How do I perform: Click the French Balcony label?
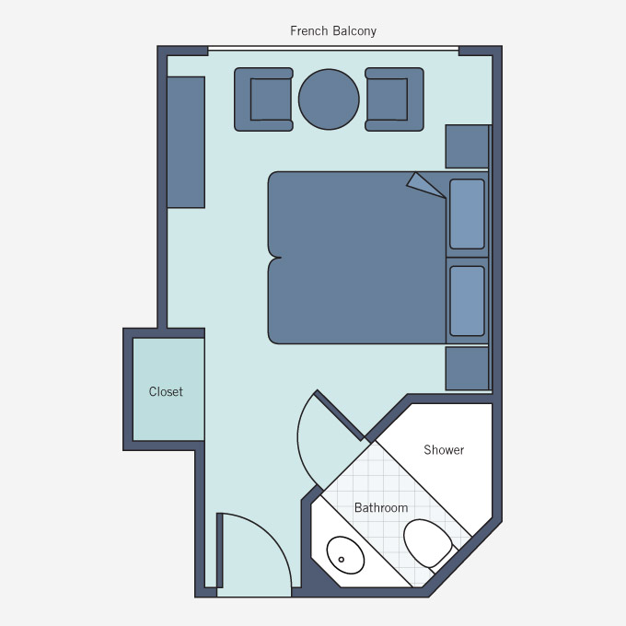[333, 30]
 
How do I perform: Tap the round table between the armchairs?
[329, 99]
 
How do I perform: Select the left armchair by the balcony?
[263, 99]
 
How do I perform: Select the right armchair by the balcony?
[394, 99]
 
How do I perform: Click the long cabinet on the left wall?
[186, 142]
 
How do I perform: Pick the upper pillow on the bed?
[467, 214]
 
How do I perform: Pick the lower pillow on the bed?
[467, 301]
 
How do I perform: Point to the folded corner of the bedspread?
[424, 185]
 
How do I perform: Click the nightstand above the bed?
[467, 146]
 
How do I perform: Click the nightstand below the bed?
[467, 368]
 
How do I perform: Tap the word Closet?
[166, 391]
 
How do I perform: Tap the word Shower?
[444, 450]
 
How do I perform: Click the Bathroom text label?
[381, 508]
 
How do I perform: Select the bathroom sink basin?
[345, 555]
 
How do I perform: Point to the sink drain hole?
[342, 560]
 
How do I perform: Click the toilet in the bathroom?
[428, 544]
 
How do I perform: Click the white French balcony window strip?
[333, 48]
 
